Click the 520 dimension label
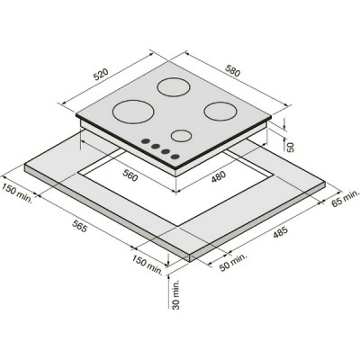click(101, 75)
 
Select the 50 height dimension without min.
click(291, 147)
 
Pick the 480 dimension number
click(218, 176)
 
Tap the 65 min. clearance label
click(345, 198)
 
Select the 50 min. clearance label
click(233, 262)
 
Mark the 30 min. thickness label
click(176, 294)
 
